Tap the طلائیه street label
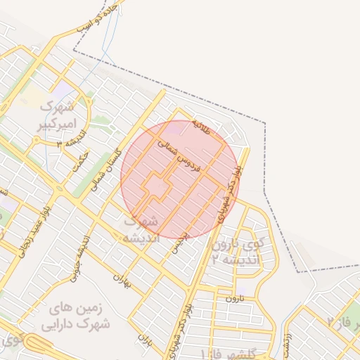click(x=202, y=129)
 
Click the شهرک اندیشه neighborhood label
click(x=141, y=229)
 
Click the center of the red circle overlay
click(x=179, y=179)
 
